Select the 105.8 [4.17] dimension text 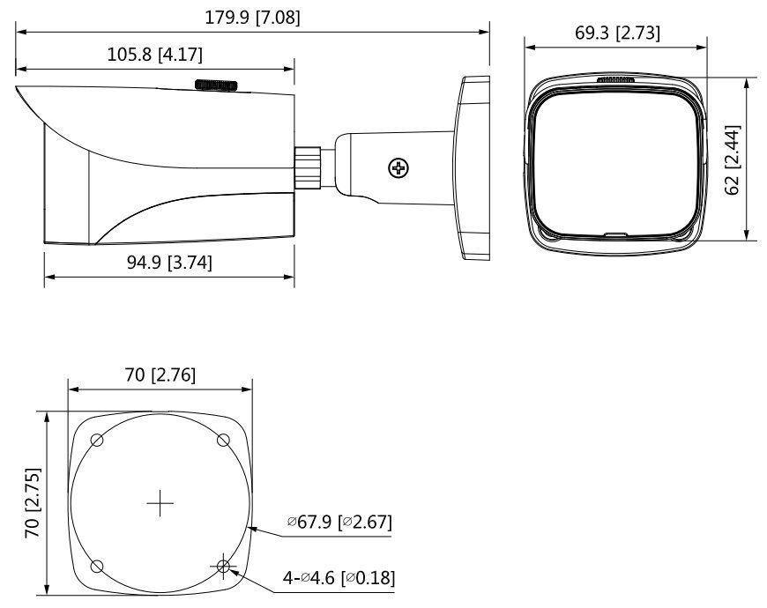(155, 55)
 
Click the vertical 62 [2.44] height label (733, 159)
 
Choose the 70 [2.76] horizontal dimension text (160, 374)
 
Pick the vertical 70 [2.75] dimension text (33, 503)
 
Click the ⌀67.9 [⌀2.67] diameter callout (339, 523)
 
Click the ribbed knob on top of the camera (216, 85)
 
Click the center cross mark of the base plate (160, 503)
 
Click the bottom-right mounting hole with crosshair (224, 566)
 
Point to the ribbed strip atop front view (616, 79)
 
